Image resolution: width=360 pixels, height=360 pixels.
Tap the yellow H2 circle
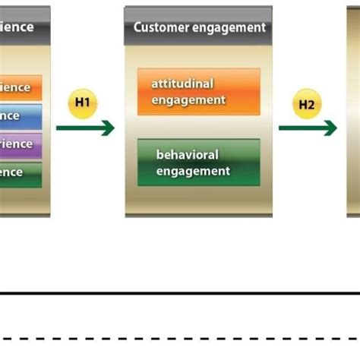coord(306,105)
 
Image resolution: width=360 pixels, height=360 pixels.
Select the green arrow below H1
coord(84,129)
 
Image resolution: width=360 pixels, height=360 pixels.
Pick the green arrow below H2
coord(308,129)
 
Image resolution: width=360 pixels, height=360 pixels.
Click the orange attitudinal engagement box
coord(198,92)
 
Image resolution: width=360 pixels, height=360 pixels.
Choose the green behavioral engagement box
coord(198,163)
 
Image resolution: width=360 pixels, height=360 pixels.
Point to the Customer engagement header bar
coord(198,27)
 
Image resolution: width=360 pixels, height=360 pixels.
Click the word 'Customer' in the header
coord(159,27)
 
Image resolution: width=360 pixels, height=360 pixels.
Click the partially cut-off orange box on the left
coord(21,87)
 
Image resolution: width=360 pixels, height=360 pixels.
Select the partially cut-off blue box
coord(21,116)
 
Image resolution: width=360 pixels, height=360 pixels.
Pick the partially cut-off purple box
coord(21,144)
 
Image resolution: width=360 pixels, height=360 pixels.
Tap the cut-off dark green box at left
coord(21,172)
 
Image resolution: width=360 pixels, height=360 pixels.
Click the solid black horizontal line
coord(180,292)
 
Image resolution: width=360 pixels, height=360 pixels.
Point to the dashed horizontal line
coord(180,339)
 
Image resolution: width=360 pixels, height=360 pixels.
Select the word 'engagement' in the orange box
coord(188,99)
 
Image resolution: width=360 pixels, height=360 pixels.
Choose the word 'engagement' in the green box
coord(193,171)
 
